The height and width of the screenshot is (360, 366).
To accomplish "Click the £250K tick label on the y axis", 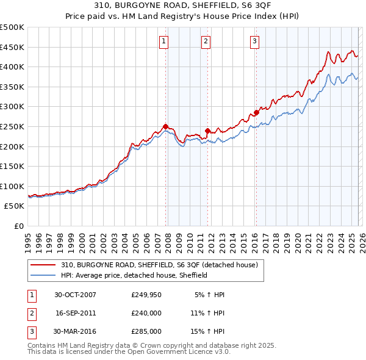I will [12, 126].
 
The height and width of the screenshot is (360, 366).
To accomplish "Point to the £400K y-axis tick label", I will [12, 67].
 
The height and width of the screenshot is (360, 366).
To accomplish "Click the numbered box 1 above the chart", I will [165, 41].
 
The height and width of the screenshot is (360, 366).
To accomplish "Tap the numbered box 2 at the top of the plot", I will [206, 41].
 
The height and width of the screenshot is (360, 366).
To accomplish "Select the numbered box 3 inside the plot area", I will [254, 41].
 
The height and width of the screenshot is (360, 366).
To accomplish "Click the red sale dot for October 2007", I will [165, 126].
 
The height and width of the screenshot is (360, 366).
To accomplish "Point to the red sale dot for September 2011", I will [207, 130].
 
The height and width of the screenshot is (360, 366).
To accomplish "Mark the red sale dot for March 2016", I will [256, 112].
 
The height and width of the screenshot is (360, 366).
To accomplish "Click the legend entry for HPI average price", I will [134, 275].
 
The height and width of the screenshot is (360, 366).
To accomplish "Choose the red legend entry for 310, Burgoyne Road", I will [160, 265].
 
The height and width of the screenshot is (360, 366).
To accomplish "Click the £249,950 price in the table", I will [146, 295].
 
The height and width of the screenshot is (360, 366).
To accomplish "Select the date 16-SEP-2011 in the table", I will [76, 313].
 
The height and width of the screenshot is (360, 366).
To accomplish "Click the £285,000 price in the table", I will [146, 331].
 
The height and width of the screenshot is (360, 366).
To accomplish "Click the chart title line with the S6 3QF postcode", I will [183, 6].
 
